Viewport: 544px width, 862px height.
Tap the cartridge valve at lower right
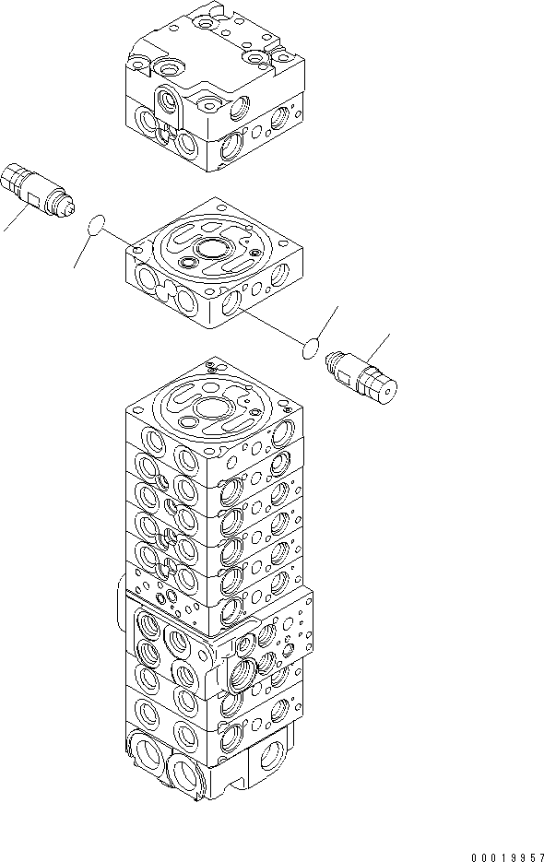click(366, 375)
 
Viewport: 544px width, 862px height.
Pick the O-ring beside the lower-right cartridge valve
click(313, 348)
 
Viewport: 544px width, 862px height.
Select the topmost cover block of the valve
click(217, 92)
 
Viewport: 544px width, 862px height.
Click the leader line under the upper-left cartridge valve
click(12, 221)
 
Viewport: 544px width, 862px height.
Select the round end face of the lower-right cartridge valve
click(392, 392)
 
